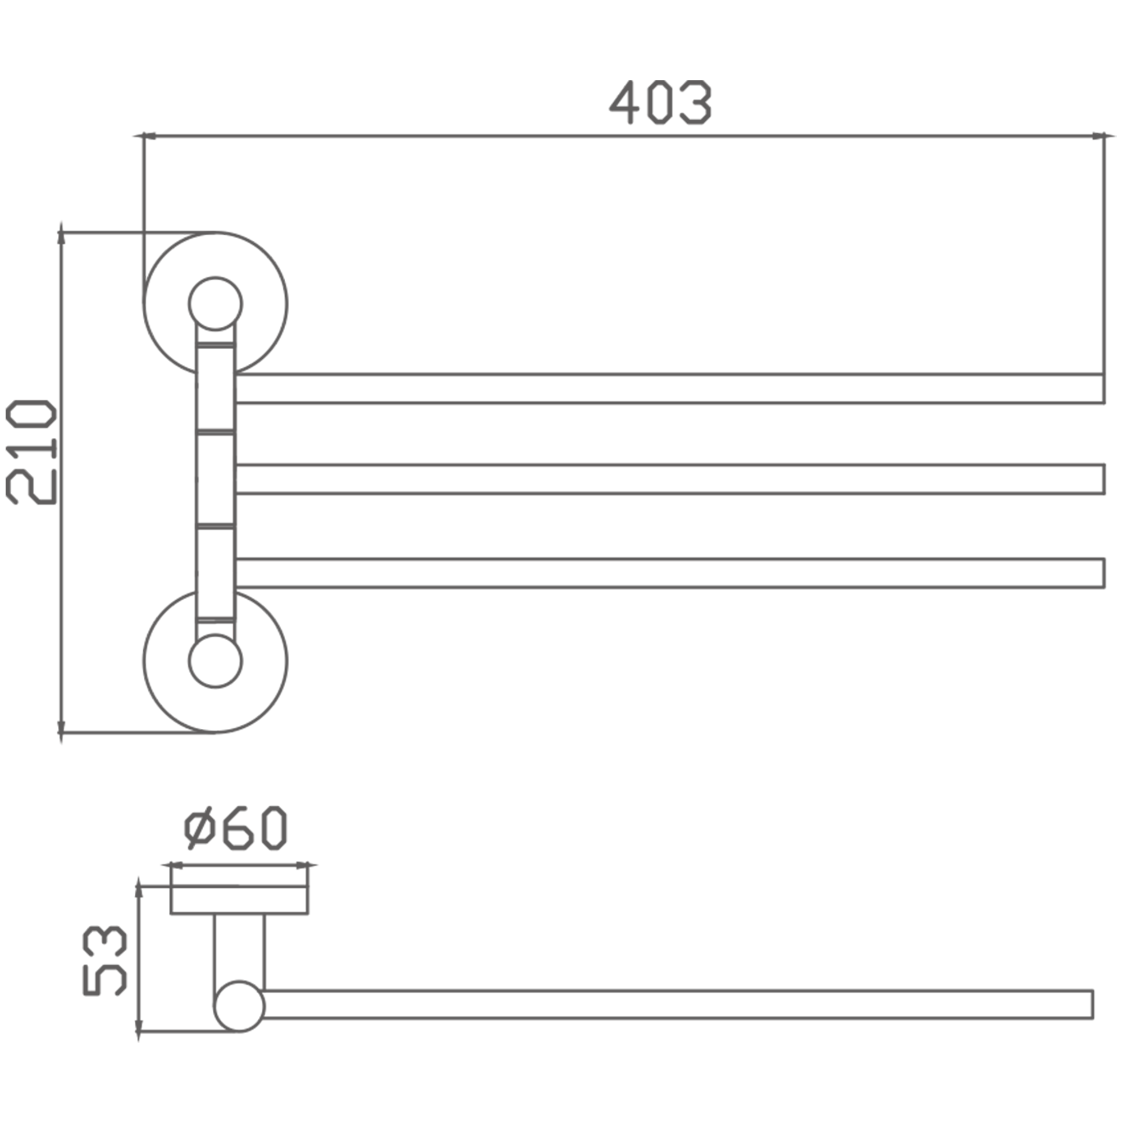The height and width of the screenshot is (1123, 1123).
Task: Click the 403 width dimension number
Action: [x=660, y=102]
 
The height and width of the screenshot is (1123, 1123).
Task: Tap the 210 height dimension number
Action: [x=31, y=451]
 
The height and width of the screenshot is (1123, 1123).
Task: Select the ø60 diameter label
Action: [x=235, y=828]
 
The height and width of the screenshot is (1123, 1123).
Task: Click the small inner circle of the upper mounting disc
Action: [x=215, y=303]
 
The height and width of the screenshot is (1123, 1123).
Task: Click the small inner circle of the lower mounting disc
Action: [x=215, y=661]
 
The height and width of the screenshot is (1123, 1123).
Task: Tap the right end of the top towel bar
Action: [x=1104, y=389]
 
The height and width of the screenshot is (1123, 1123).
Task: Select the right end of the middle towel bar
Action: [x=1104, y=479]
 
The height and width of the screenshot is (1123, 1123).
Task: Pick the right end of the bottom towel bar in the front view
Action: [x=1104, y=573]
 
